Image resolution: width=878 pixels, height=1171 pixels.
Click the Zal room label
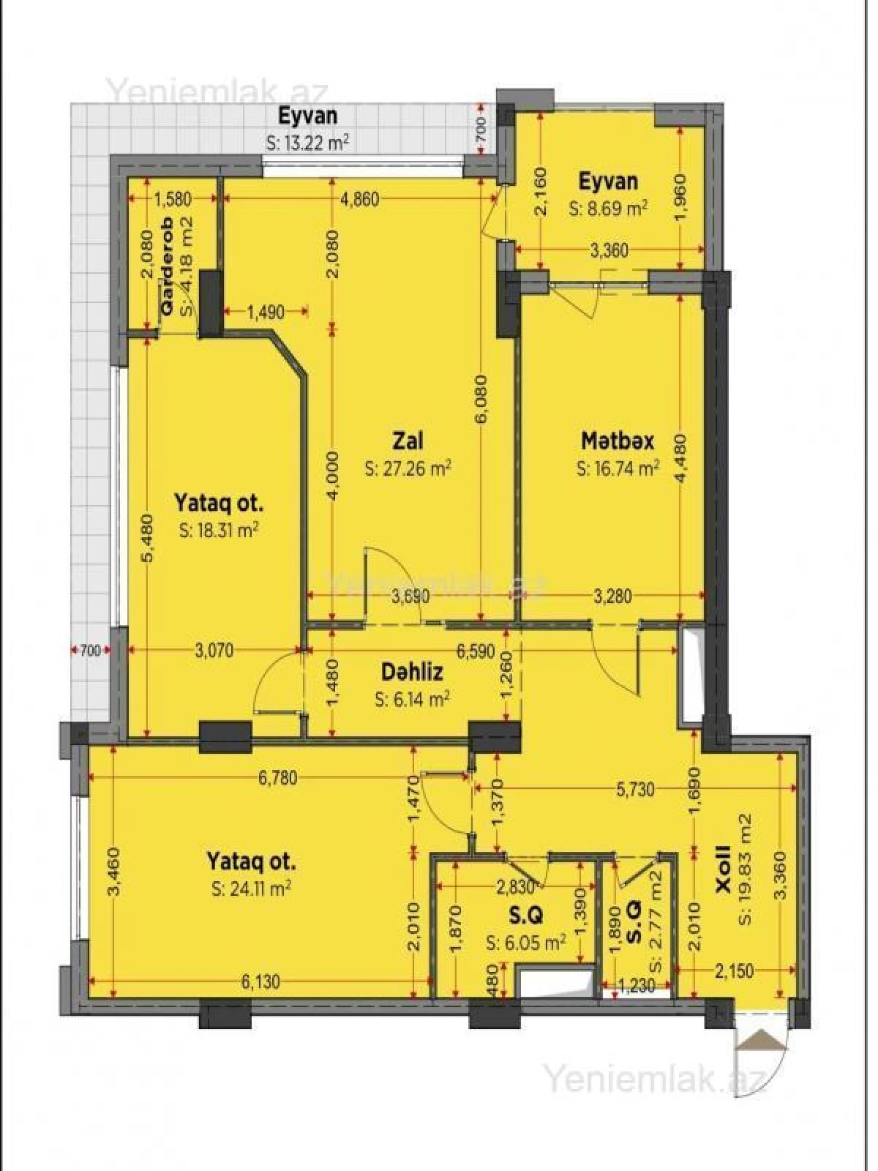pos(408,441)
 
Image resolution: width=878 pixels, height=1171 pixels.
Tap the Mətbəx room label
pos(618,441)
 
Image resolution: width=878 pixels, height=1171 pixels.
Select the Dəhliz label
pos(412,671)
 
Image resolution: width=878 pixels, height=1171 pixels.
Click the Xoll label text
pos(723,869)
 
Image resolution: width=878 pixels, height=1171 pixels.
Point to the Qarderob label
pos(167,267)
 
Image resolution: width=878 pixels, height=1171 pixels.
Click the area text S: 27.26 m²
pos(408,469)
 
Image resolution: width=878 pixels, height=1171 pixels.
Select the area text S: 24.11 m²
pos(251,888)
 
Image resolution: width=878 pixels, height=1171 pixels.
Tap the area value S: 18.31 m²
pos(219,531)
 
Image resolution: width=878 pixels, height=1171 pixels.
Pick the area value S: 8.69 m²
pos(608,209)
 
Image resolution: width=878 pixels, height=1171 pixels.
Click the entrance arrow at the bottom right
pos(762,1040)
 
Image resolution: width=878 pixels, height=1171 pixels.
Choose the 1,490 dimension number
pos(265,313)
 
